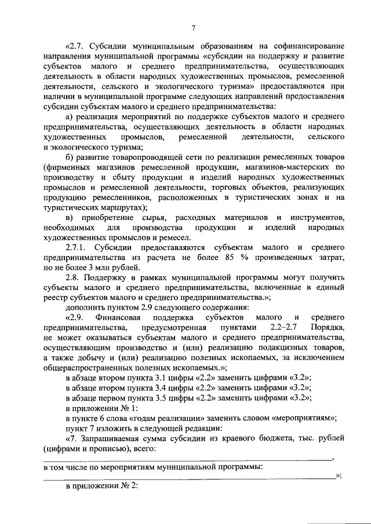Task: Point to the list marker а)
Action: point(70,116)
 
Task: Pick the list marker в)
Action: point(70,217)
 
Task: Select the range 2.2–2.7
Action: point(285,328)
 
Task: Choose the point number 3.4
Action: point(166,388)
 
